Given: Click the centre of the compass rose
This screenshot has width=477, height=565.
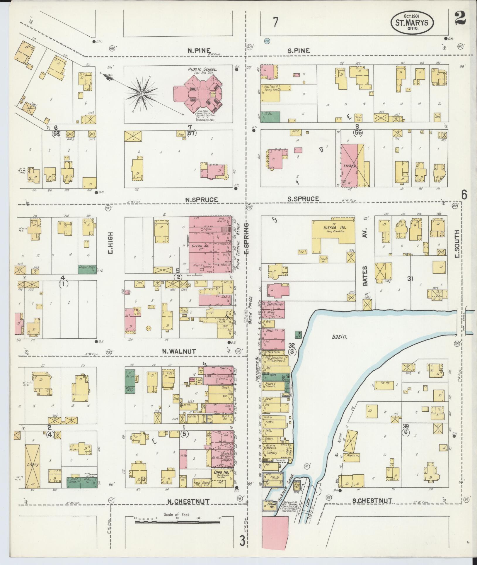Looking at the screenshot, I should tap(141, 94).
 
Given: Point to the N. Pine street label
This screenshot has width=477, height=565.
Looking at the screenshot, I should tap(199, 50).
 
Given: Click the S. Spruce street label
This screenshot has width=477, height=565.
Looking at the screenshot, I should tap(303, 199).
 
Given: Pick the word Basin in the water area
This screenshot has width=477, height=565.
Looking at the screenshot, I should tap(340, 337).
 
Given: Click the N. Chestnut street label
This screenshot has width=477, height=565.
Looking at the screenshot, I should tap(188, 501).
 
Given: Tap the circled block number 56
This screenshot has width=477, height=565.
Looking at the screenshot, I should tap(358, 132).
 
